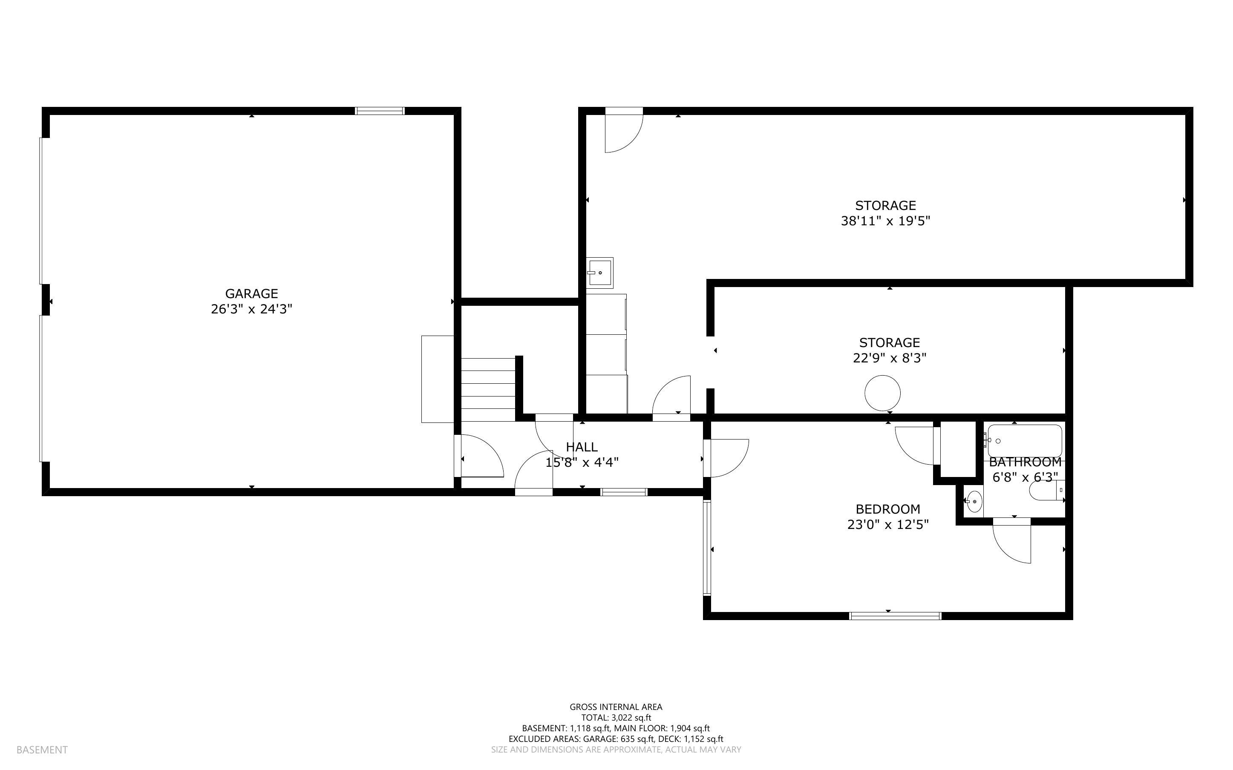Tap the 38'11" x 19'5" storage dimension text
(x=885, y=221)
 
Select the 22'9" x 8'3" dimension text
(x=889, y=358)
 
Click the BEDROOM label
(x=888, y=509)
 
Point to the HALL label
(x=582, y=447)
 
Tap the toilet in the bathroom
(x=1046, y=491)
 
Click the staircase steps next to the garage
(x=488, y=390)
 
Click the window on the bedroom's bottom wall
(x=895, y=616)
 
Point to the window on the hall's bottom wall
(x=623, y=491)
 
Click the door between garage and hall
(x=479, y=456)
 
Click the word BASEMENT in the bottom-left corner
(x=42, y=750)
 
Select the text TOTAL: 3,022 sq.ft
(x=616, y=718)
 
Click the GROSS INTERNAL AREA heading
(x=616, y=707)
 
